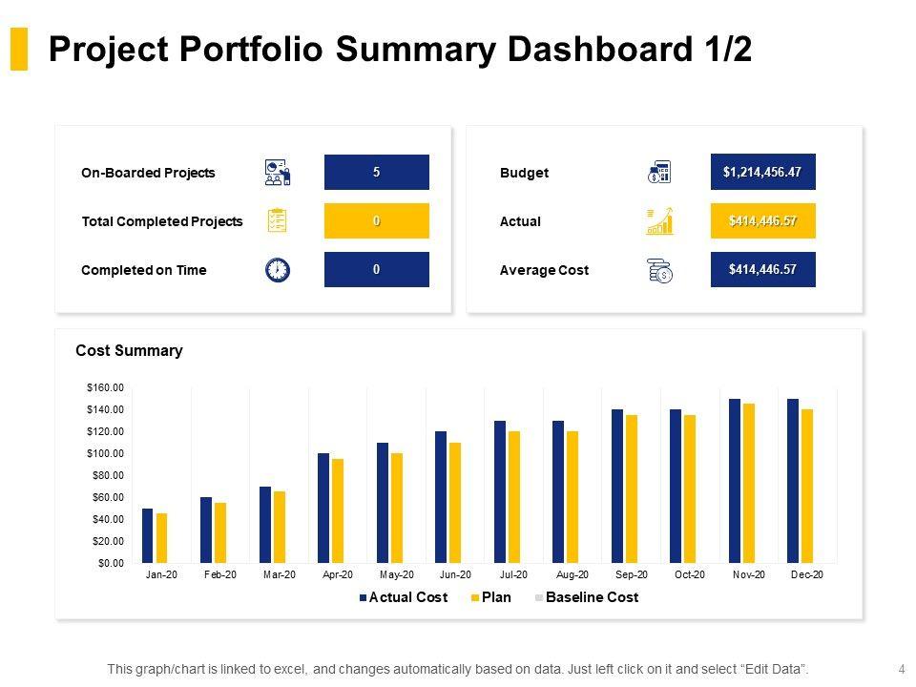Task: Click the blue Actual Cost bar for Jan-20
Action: [x=148, y=535]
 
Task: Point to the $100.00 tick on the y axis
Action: [x=106, y=453]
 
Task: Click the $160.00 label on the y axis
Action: [x=106, y=387]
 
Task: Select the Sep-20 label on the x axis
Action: [x=632, y=575]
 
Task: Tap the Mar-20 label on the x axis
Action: [x=280, y=575]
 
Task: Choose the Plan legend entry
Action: [x=496, y=598]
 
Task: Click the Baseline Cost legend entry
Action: [x=592, y=598]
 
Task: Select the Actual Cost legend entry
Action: [x=407, y=598]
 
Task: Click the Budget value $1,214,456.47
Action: [x=762, y=173]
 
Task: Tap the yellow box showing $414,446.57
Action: [x=762, y=221]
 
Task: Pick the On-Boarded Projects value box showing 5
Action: [x=377, y=173]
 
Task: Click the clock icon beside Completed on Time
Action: [x=277, y=270]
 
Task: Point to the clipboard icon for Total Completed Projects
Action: [x=277, y=221]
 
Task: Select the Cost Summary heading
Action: [x=129, y=351]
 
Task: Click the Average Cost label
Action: [x=544, y=271]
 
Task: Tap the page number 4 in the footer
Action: [x=902, y=669]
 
